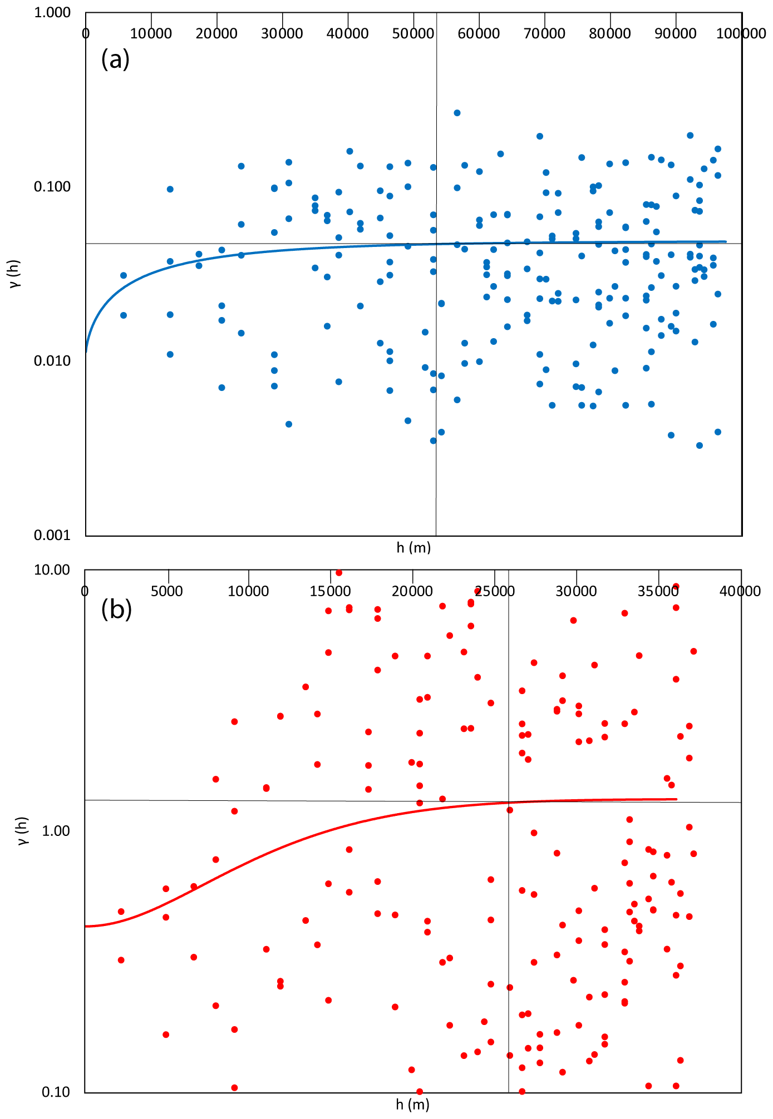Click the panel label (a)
tap(115, 59)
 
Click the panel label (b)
tap(116, 610)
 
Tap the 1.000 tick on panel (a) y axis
tap(52, 12)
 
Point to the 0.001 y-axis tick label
tap(52, 535)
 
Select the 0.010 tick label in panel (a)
tap(52, 361)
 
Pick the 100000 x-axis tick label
tap(741, 34)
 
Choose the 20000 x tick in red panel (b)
tap(412, 591)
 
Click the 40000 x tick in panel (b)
tap(740, 591)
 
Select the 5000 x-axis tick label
tap(167, 591)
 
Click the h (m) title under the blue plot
tap(413, 548)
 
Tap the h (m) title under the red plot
tap(412, 1104)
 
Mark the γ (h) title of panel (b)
tap(22, 830)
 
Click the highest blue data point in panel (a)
tap(457, 113)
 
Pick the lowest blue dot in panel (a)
tap(700, 445)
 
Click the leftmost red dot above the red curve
tap(121, 912)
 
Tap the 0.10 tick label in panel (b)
tap(56, 1092)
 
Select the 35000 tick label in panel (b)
tap(658, 591)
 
